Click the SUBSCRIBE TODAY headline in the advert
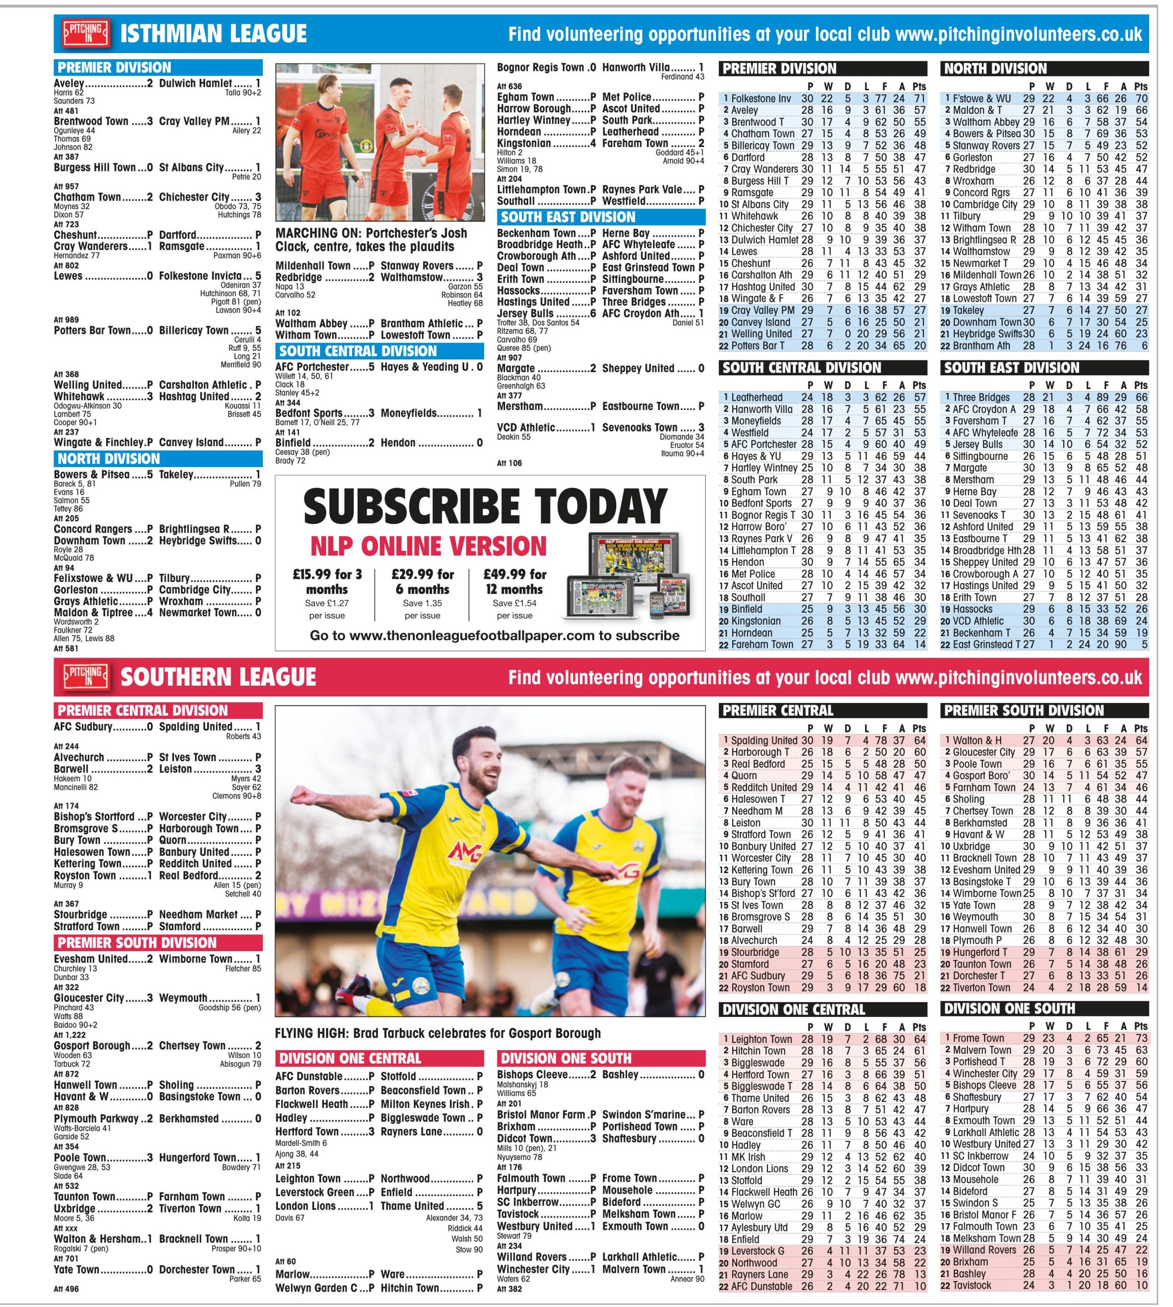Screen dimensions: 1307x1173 click(485, 507)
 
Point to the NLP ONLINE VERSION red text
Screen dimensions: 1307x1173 click(428, 546)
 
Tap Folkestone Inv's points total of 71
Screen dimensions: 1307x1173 click(919, 99)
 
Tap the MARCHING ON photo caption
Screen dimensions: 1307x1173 click(371, 240)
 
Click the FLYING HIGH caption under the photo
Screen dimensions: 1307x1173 click(438, 1033)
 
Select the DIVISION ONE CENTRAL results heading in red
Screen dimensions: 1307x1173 click(350, 1058)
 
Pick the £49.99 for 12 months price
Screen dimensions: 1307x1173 click(515, 582)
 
